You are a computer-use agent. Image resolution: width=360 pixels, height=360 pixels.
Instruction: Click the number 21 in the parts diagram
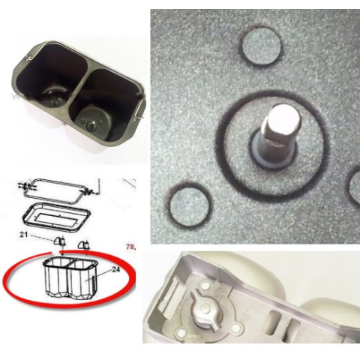24,235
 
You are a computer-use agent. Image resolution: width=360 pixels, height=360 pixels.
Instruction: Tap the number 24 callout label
115,269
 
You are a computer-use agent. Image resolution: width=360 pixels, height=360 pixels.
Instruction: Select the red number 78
130,247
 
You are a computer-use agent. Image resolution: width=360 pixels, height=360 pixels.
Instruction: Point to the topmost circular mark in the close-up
261,46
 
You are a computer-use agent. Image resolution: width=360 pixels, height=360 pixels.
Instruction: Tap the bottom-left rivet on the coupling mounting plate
181,332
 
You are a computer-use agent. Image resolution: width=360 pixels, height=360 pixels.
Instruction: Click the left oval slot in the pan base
274,322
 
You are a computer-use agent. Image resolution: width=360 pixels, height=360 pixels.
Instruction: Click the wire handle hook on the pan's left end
29,58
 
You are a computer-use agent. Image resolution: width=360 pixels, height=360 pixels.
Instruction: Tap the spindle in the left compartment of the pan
53,103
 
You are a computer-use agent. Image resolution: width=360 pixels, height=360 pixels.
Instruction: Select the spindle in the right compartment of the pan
91,124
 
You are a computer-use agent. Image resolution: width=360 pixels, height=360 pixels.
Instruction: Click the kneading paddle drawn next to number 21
60,241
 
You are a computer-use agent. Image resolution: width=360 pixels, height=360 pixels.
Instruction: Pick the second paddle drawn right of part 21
83,244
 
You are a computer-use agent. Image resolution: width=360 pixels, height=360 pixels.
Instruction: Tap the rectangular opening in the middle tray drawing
57,217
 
